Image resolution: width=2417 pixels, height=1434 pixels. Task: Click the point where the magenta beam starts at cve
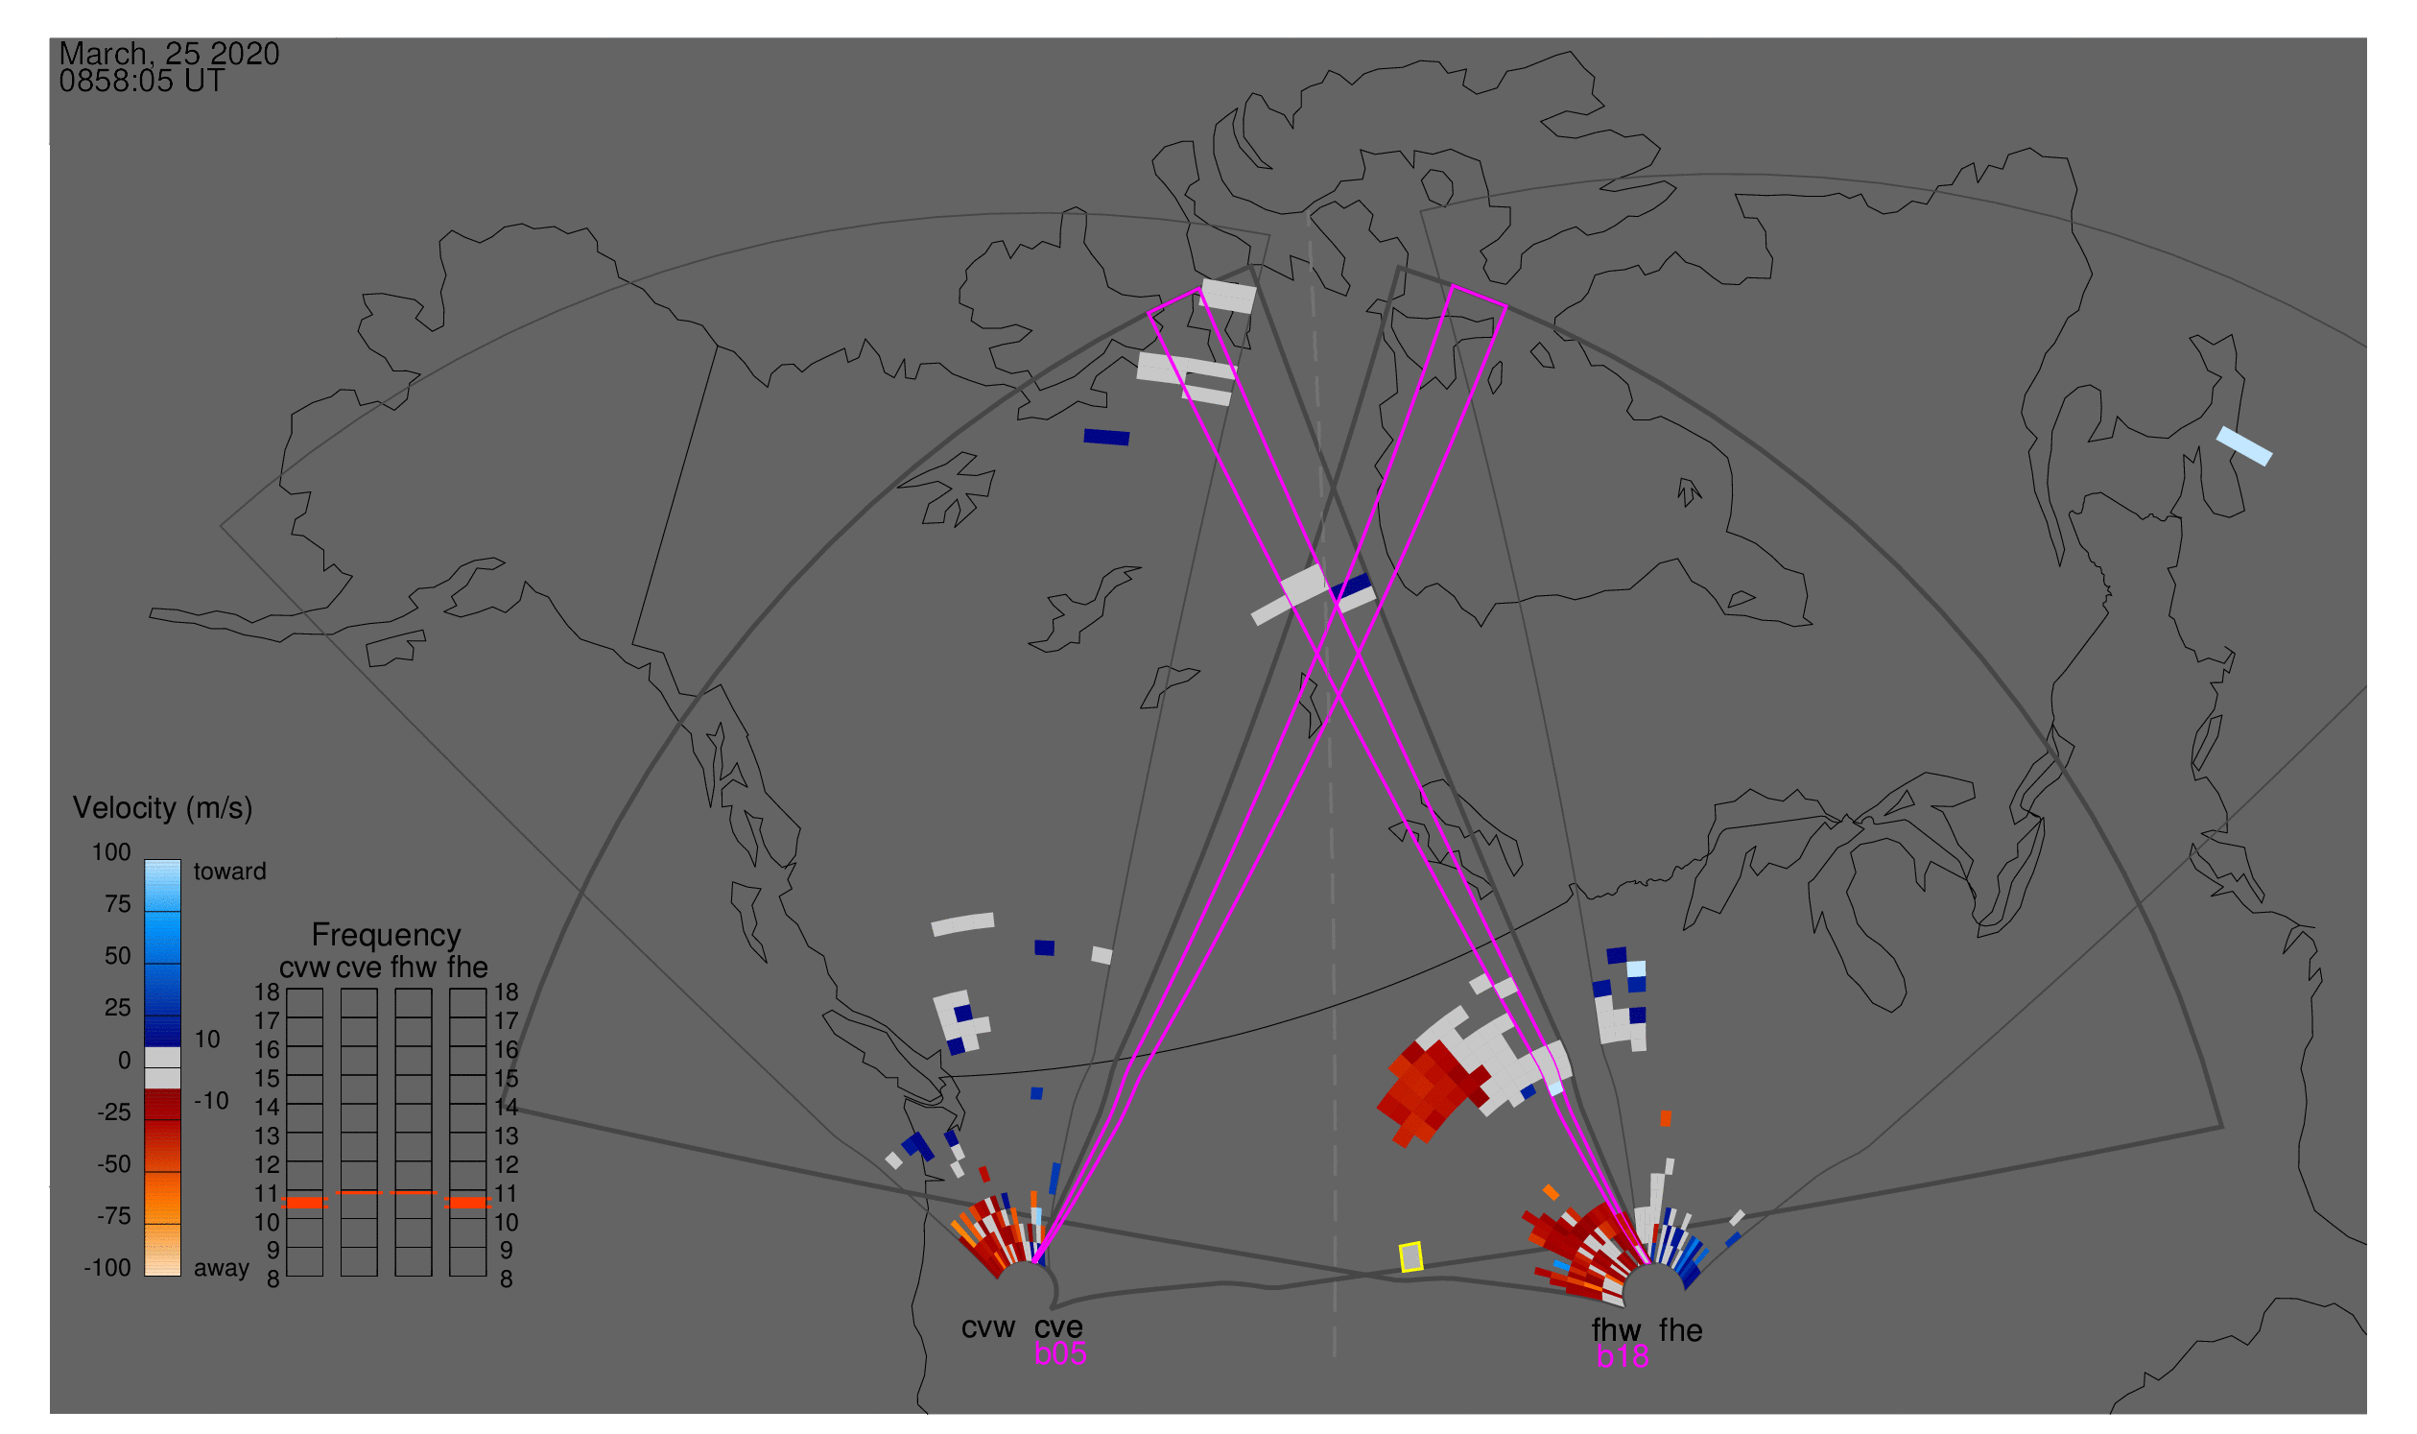click(1034, 1262)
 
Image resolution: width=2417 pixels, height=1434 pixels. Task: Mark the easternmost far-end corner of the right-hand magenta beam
click(1506, 306)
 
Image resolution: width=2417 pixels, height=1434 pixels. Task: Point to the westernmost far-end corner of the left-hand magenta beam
click(1149, 313)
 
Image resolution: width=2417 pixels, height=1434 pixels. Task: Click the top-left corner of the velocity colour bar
click(145, 860)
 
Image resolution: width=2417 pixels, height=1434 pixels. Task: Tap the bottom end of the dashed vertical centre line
click(1334, 1356)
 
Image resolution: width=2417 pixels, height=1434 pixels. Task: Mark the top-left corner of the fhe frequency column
click(450, 990)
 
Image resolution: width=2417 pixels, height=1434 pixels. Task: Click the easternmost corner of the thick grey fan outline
click(2222, 1127)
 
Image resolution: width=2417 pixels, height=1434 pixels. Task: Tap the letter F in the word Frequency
click(320, 936)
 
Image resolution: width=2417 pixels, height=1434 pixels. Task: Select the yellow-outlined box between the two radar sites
click(1411, 1257)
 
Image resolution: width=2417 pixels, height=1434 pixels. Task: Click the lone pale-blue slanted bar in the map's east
click(2244, 446)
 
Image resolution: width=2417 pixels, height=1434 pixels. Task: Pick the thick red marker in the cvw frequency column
click(304, 1203)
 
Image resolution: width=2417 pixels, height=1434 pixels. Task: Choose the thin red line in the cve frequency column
click(359, 1192)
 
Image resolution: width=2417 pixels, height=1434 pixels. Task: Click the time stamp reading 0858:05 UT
click(142, 82)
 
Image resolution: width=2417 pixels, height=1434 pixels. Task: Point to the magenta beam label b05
click(1060, 1353)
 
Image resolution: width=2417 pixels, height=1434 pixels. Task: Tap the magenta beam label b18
click(1622, 1356)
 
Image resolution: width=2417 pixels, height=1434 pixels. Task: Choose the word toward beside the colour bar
click(230, 872)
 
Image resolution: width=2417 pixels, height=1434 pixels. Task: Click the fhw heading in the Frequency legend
click(414, 968)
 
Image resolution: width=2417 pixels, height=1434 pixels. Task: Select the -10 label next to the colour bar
click(210, 1101)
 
